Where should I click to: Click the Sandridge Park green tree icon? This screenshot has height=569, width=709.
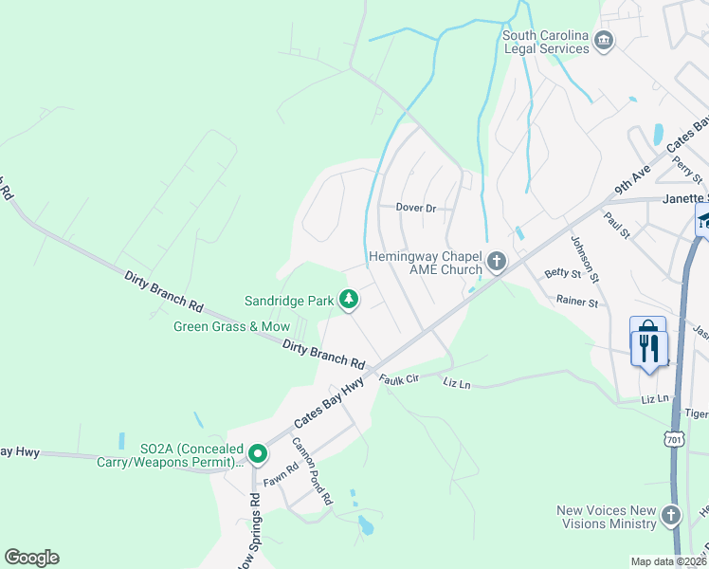(349, 300)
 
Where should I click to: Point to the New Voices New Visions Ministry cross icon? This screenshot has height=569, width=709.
(671, 516)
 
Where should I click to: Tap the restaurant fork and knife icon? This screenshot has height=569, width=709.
(648, 347)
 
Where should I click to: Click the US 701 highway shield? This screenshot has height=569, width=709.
(674, 440)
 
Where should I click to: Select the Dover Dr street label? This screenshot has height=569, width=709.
(415, 208)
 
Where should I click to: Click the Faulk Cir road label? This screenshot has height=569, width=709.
(400, 379)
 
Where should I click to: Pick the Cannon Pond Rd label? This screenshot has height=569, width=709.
(312, 470)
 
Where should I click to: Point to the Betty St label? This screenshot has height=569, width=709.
(562, 273)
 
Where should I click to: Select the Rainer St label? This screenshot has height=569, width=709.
(577, 303)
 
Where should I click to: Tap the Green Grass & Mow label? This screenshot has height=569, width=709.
(231, 326)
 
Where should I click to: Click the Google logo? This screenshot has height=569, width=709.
(31, 558)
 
